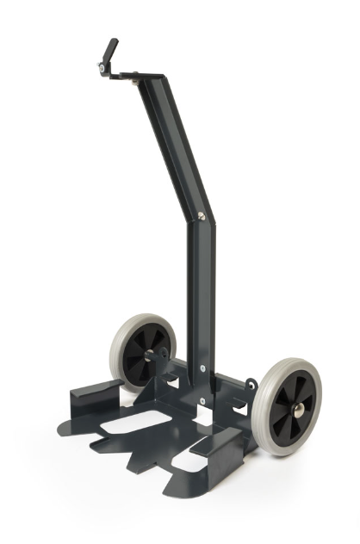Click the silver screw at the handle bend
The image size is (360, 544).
(202, 217)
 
